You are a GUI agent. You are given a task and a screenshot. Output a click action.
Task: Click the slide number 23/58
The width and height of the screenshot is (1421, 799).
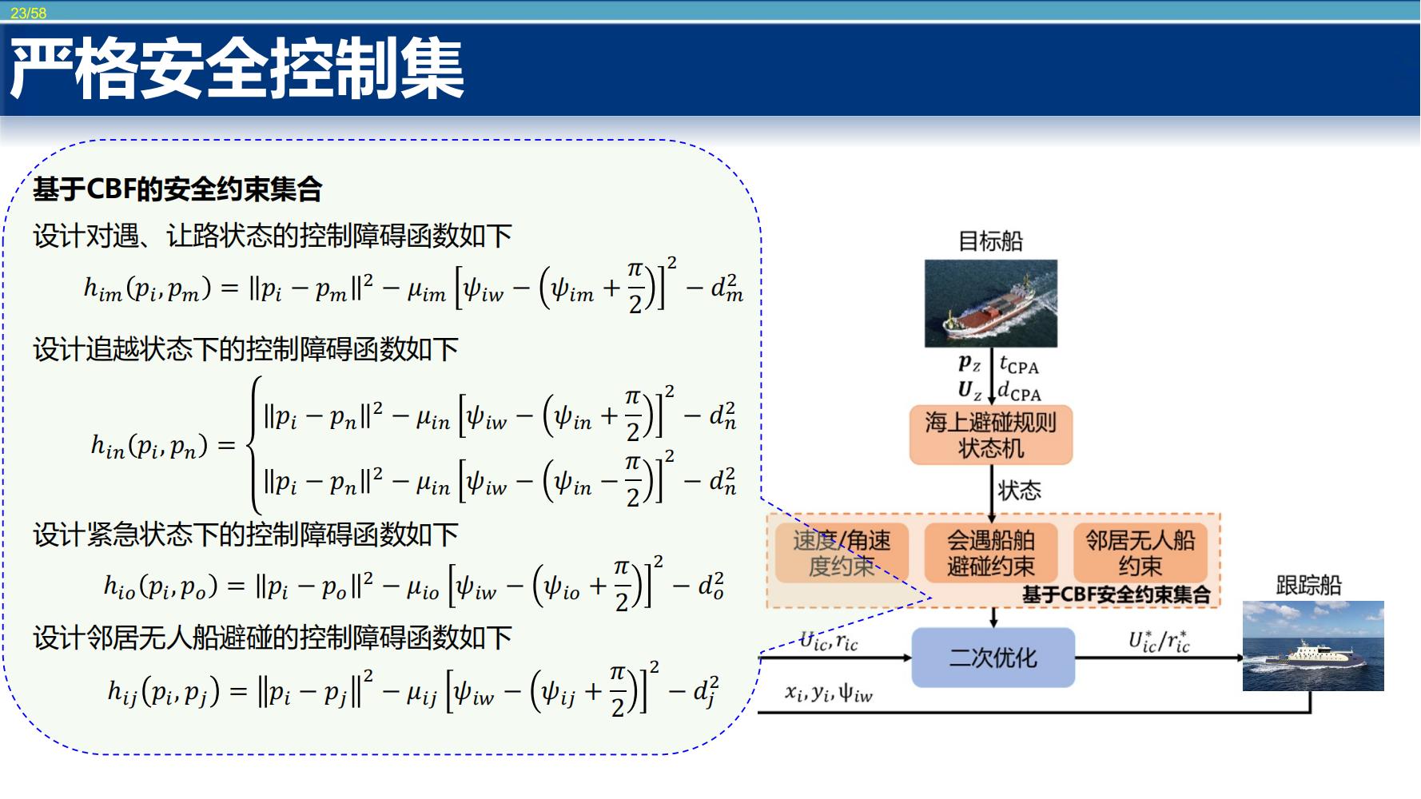[x=29, y=14]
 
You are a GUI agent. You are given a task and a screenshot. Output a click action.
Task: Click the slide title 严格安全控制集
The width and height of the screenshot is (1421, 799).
[x=237, y=71]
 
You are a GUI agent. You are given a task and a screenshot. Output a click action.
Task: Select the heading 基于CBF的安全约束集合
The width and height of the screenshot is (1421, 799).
[x=177, y=190]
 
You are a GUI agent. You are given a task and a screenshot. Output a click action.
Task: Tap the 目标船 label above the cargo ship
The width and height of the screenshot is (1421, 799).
[x=990, y=241]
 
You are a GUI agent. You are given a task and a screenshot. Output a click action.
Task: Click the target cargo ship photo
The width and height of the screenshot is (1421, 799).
[x=991, y=303]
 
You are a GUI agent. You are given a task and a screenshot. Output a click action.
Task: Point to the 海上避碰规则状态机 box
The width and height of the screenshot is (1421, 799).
[x=991, y=435]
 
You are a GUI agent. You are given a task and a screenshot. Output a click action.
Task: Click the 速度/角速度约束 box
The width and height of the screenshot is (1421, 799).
[x=842, y=553]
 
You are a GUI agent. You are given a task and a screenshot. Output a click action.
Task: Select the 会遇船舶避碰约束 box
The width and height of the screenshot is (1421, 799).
[x=991, y=553]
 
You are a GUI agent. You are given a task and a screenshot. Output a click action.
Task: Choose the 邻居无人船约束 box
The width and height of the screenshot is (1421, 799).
[x=1140, y=553]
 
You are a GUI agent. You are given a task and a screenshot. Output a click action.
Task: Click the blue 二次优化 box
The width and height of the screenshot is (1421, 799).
[x=993, y=658]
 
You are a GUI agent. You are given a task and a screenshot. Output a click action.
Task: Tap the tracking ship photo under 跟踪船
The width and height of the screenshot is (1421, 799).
[x=1313, y=646]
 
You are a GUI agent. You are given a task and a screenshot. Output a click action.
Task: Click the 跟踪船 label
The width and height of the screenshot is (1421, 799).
[x=1308, y=586]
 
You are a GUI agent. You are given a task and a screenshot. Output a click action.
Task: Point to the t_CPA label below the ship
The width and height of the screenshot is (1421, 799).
[x=1019, y=365]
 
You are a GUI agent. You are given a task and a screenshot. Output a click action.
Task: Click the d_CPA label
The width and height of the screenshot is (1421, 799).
[x=1020, y=391]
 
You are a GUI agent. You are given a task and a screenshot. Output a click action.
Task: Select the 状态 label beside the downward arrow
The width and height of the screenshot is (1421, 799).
[x=1019, y=490]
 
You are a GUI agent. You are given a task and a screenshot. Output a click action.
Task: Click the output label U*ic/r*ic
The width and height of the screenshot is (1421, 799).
[x=1159, y=641]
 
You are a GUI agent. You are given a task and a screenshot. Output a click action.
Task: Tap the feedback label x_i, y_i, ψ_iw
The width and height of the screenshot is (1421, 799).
[x=829, y=693]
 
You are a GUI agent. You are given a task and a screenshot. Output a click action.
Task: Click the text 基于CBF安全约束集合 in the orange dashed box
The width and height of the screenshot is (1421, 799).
[x=1116, y=594]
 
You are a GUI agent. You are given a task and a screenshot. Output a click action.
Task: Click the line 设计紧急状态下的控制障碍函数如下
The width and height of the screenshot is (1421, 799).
[x=245, y=535]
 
